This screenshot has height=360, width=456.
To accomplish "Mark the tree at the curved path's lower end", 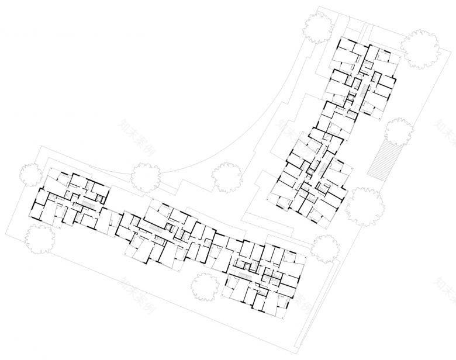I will coord(147,175).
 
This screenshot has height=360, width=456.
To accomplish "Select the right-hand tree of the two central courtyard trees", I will coord(226,176).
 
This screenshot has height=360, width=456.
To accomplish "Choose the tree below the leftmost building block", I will coord(40,238).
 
